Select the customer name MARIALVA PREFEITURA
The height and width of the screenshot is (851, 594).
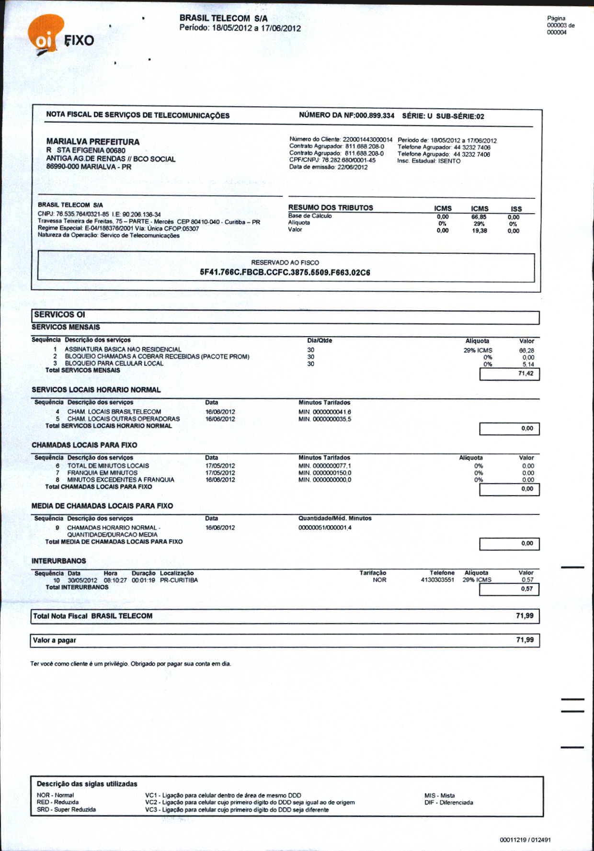pos(92,142)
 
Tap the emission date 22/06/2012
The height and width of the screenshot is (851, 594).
pos(352,167)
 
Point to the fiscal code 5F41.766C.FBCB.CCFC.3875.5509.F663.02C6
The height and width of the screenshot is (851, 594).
pos(285,272)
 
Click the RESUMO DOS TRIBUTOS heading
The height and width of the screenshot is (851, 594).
pos(331,207)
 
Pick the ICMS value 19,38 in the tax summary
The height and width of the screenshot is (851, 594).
pos(479,231)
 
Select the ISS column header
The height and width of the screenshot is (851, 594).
pos(516,209)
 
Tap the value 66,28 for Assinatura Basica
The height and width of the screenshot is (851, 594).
pos(526,351)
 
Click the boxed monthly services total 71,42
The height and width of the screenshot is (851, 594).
pos(525,374)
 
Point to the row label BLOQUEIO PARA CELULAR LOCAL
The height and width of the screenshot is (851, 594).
pos(114,363)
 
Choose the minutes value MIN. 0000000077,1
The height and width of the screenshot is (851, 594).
pos(324,465)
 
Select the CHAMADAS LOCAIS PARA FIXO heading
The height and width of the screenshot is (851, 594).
pos(84,445)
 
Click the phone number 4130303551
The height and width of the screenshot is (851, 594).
pos(437,580)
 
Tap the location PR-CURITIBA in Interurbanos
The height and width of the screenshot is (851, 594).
pos(179,580)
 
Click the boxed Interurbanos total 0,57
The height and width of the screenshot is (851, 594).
pos(526,589)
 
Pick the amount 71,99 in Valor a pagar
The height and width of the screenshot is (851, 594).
pos(525,640)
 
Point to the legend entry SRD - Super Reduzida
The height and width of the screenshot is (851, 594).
pos(66,809)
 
